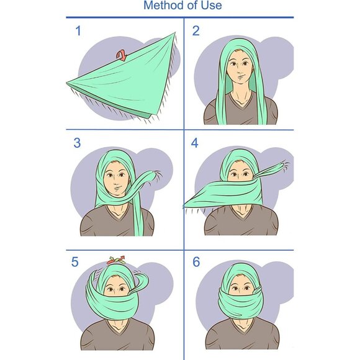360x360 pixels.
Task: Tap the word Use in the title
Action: [x=212, y=5]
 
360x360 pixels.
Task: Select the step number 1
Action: [x=78, y=31]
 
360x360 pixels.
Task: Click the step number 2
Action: [x=196, y=31]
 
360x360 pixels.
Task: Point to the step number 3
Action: [x=77, y=143]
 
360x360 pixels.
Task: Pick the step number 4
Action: [x=195, y=143]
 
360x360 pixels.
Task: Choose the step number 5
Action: [x=75, y=262]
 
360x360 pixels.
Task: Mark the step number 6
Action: [x=196, y=262]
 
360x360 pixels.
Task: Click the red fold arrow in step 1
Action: [x=122, y=56]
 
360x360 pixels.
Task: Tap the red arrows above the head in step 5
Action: [x=116, y=260]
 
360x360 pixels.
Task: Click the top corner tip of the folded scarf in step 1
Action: [x=174, y=33]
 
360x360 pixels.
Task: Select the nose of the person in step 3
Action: [x=116, y=182]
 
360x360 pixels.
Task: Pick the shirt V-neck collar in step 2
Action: [x=241, y=101]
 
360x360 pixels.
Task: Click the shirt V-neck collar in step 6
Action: [x=241, y=326]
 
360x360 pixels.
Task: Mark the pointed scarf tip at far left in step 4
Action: [x=184, y=206]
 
